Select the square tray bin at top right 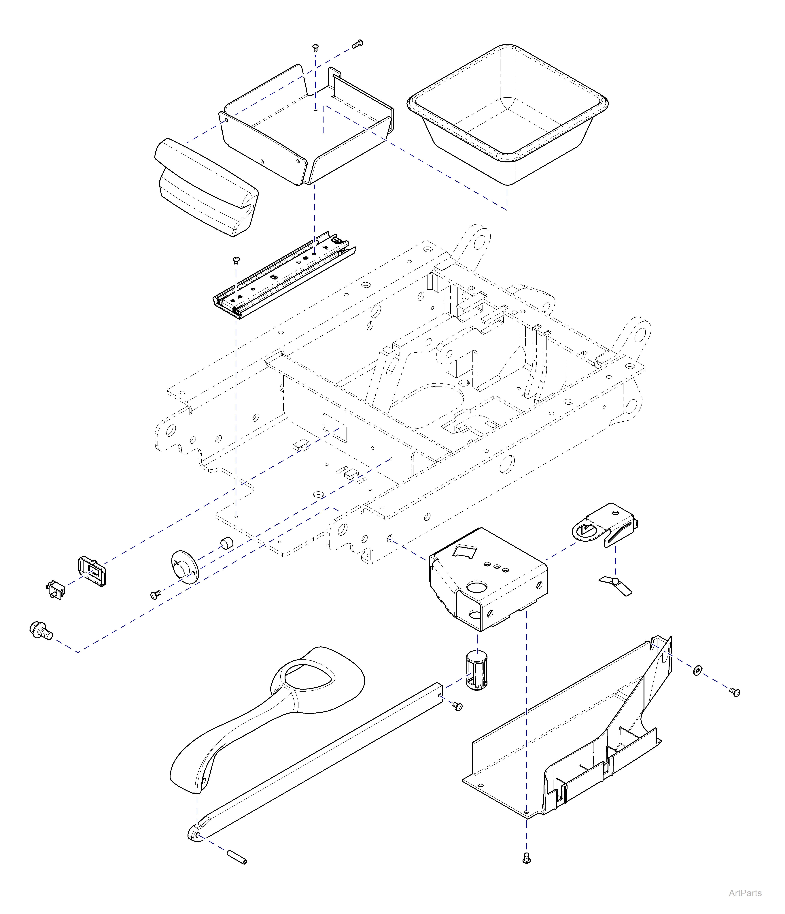(507, 115)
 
